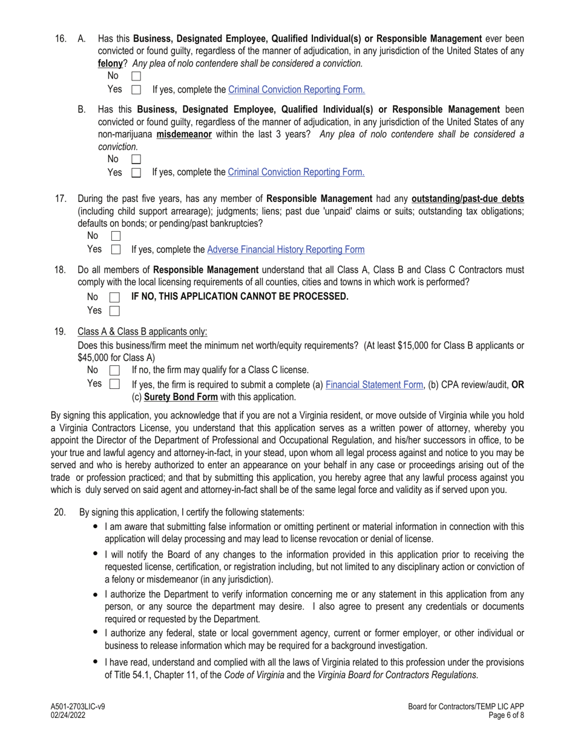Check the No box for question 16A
[x=136, y=76]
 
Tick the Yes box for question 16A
[x=136, y=90]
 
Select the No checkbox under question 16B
[x=136, y=159]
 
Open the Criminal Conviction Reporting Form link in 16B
[x=296, y=172]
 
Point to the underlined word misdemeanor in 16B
[x=184, y=134]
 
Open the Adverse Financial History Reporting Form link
[x=286, y=249]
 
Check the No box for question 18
[x=114, y=297]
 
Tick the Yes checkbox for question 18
[x=114, y=311]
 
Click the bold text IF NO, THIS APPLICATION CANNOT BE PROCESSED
[x=240, y=296]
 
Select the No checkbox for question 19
[x=114, y=370]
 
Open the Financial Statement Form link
[x=374, y=384]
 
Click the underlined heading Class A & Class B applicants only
[x=142, y=331]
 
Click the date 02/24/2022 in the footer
[x=68, y=715]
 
